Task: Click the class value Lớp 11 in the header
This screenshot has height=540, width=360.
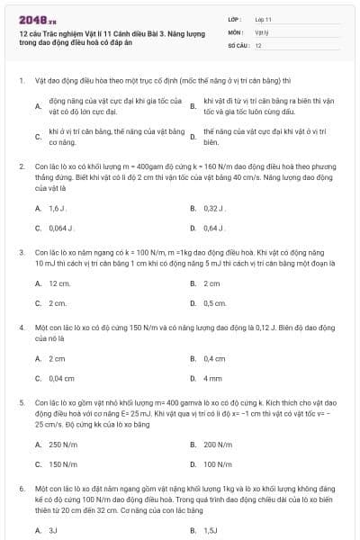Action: (x=263, y=18)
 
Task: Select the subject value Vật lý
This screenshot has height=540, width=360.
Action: (x=261, y=31)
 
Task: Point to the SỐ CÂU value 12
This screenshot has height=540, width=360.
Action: (x=258, y=44)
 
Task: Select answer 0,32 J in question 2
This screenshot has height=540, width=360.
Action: (x=213, y=208)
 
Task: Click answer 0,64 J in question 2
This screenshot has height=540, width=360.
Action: (x=213, y=228)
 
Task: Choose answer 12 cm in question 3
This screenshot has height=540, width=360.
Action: (x=58, y=283)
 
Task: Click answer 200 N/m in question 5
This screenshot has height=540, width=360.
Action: (x=217, y=445)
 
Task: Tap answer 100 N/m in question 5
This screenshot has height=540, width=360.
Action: (x=217, y=464)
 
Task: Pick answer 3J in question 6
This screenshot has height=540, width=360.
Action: (x=53, y=531)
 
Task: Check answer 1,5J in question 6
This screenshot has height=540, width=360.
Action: (x=211, y=531)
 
